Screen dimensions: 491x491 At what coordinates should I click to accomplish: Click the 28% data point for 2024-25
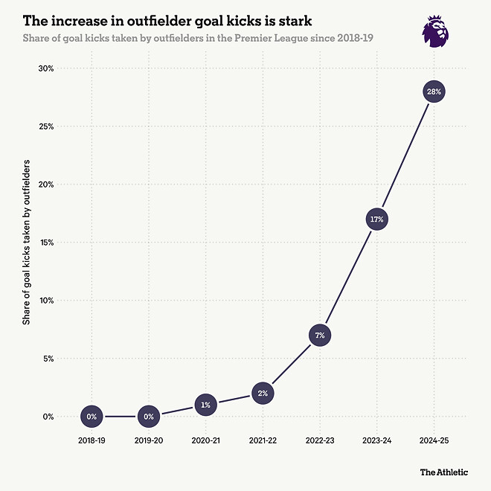click(x=434, y=92)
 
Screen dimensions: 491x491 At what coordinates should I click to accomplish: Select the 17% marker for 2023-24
click(x=376, y=219)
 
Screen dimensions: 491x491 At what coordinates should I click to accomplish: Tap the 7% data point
click(x=320, y=336)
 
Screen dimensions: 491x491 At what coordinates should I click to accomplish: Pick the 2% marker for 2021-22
click(x=263, y=393)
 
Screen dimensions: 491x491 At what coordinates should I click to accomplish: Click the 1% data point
click(x=205, y=405)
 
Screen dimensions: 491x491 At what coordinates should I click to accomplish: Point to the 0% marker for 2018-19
click(x=92, y=417)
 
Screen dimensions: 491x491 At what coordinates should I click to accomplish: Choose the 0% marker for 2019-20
click(x=149, y=417)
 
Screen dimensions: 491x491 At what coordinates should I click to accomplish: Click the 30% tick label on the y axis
click(x=45, y=68)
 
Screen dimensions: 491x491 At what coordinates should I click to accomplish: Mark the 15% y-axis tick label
click(x=45, y=243)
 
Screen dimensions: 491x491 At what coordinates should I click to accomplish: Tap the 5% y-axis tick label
click(x=48, y=359)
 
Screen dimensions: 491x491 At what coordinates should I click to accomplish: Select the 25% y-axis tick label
click(x=45, y=126)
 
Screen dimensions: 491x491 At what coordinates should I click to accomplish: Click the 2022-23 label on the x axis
click(x=320, y=440)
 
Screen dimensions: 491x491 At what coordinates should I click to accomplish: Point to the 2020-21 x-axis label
click(x=205, y=440)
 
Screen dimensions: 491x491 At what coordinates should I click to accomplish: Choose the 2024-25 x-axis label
click(x=434, y=440)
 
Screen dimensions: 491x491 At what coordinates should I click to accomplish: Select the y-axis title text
click(x=26, y=243)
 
